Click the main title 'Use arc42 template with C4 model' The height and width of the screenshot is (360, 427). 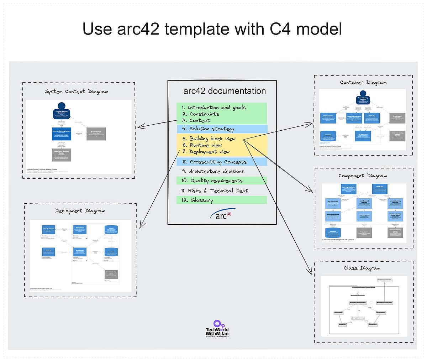pos(212,28)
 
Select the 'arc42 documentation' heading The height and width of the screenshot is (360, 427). pos(224,91)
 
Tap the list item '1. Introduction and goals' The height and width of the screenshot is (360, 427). pos(213,107)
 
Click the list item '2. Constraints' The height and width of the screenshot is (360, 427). pos(200,114)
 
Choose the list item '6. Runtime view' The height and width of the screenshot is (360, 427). pos(202,145)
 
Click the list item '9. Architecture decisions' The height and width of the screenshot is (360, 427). pos(213,171)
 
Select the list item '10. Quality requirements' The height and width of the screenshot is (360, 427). pos(212,181)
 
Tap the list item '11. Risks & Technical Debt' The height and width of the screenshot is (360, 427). pos(214,191)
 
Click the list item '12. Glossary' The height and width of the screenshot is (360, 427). pos(197,200)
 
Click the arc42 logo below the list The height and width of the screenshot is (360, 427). pos(223,215)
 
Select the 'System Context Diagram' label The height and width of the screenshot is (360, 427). pos(77,92)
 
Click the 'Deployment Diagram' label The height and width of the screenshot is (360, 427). pos(80,211)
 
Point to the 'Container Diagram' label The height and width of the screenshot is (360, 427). pos(363,82)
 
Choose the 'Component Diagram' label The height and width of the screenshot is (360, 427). pos(363,176)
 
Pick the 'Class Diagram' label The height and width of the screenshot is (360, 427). pos(362,268)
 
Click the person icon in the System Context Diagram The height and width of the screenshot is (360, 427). pos(62,106)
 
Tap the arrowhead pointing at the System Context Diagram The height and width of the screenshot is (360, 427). pos(139,127)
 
